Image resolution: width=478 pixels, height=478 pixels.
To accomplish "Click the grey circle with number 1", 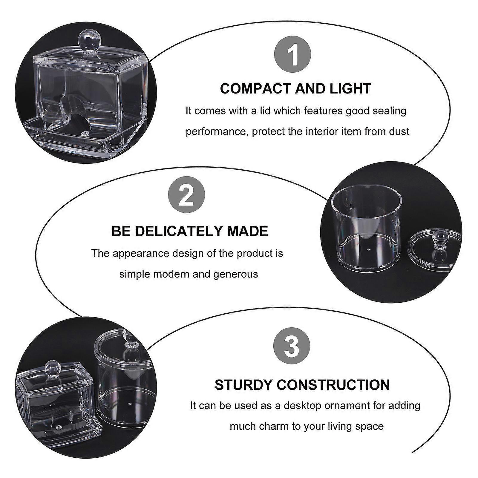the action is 292,54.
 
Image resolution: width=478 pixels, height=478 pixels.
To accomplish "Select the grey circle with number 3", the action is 292,346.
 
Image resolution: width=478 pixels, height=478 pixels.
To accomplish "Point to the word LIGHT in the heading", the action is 350,89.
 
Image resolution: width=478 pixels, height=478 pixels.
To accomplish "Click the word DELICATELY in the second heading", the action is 180,231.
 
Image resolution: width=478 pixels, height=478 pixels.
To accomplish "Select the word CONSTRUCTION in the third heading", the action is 333,385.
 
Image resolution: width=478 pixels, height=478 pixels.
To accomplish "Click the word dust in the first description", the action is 399,131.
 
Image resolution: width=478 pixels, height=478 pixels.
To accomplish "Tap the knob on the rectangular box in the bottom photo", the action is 52,369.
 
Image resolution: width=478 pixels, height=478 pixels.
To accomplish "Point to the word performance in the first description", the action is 217,132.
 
